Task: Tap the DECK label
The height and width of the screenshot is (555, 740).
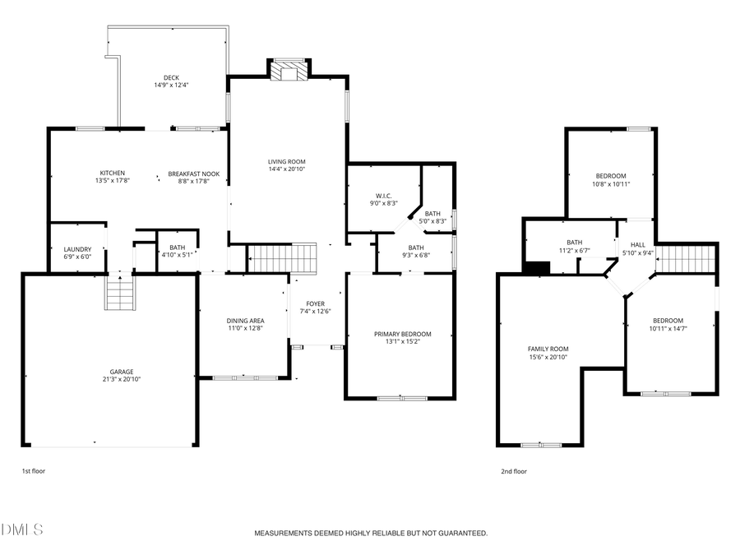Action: coord(171,78)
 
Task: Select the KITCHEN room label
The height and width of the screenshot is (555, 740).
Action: coord(112,173)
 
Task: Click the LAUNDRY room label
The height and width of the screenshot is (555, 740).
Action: coord(77,250)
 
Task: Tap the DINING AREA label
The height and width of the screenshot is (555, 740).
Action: coord(245,321)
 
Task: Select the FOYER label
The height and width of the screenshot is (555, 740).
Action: coord(316,303)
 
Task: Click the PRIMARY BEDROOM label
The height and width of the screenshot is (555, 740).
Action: coord(402,334)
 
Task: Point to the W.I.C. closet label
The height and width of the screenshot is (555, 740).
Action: coord(383,195)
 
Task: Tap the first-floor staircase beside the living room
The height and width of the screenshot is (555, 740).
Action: coord(281,257)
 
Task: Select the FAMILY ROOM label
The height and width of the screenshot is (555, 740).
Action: coord(548,349)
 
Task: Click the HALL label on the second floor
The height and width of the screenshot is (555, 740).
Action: coord(637,245)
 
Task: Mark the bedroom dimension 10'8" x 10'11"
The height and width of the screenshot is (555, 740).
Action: coord(612,184)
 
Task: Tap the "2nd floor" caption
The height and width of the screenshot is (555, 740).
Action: coord(514,471)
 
